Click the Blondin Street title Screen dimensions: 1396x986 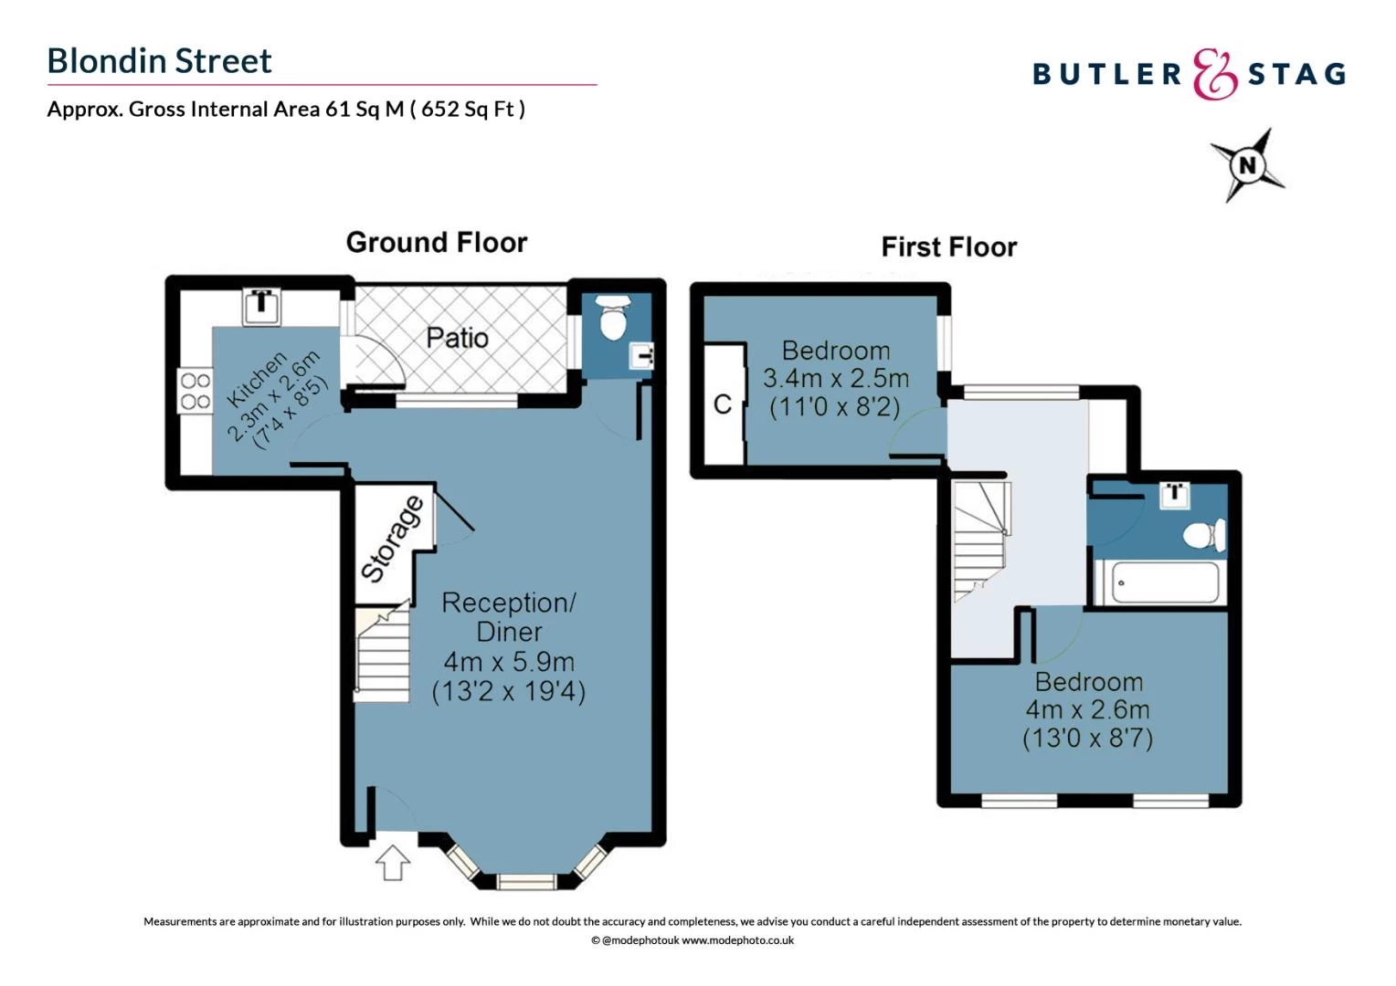[x=160, y=61]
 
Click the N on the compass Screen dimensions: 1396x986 [x=1247, y=165]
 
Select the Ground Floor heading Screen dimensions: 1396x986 [x=437, y=242]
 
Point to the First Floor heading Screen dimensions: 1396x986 [x=948, y=247]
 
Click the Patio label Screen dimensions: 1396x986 [x=457, y=338]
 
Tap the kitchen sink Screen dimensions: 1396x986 [x=261, y=306]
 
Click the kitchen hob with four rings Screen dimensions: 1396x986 [x=196, y=391]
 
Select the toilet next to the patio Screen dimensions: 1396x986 [x=613, y=318]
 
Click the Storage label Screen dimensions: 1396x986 [x=393, y=540]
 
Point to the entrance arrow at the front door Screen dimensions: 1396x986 [x=393, y=863]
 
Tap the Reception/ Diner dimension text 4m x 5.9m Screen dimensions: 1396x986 [x=509, y=662]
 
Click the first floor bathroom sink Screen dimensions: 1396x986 [x=1175, y=495]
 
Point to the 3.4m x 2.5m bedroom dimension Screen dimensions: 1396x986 [x=836, y=379]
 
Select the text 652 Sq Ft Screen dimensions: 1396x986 [x=467, y=110]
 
